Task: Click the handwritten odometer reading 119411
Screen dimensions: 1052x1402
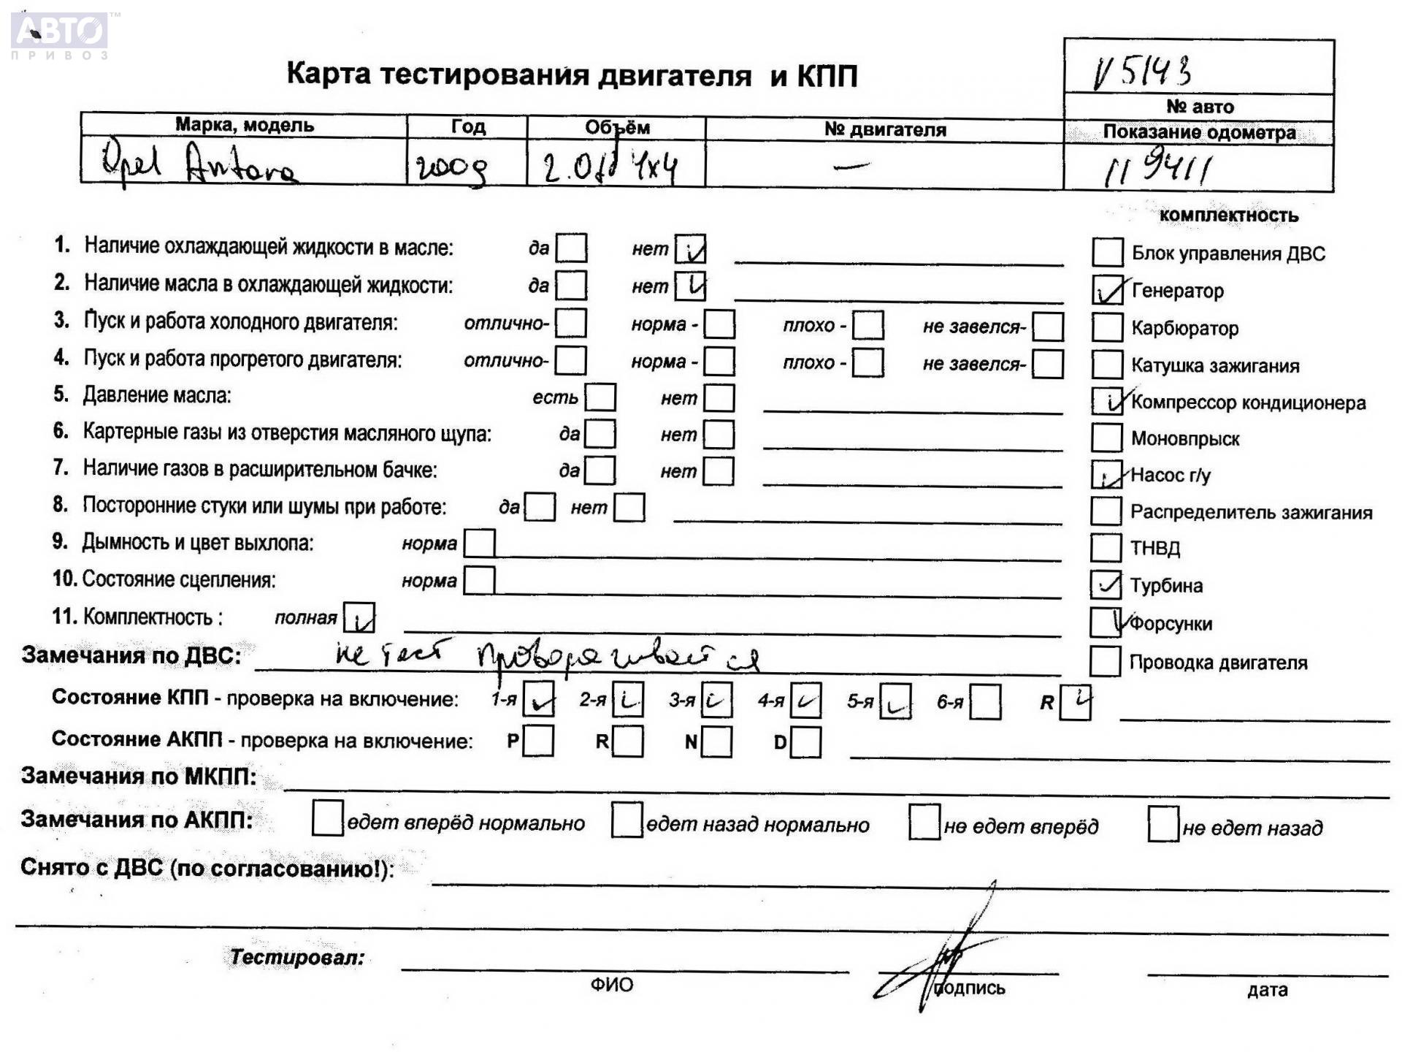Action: pos(1158,169)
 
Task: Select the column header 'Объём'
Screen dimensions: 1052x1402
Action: pos(617,127)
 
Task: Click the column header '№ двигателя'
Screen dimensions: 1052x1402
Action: pos(885,129)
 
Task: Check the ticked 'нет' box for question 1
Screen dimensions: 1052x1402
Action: pos(690,248)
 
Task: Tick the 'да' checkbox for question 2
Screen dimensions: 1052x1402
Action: pos(571,285)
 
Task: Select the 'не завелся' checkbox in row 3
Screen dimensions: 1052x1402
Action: pos(1048,327)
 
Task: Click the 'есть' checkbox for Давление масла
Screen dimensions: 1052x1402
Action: pos(600,397)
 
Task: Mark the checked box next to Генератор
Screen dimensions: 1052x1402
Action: pos(1107,290)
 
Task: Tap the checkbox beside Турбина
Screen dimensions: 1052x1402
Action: pos(1106,584)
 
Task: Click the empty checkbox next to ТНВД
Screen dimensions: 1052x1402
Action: pos(1106,547)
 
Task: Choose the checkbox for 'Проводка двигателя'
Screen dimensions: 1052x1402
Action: pos(1105,662)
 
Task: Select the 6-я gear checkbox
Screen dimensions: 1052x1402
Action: pos(985,703)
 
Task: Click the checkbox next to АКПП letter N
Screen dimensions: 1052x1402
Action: pos(717,742)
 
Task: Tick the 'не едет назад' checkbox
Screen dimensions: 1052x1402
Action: pos(1162,825)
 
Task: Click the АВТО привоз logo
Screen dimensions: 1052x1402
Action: pos(60,34)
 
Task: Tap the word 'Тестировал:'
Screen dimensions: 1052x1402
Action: pos(297,957)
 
